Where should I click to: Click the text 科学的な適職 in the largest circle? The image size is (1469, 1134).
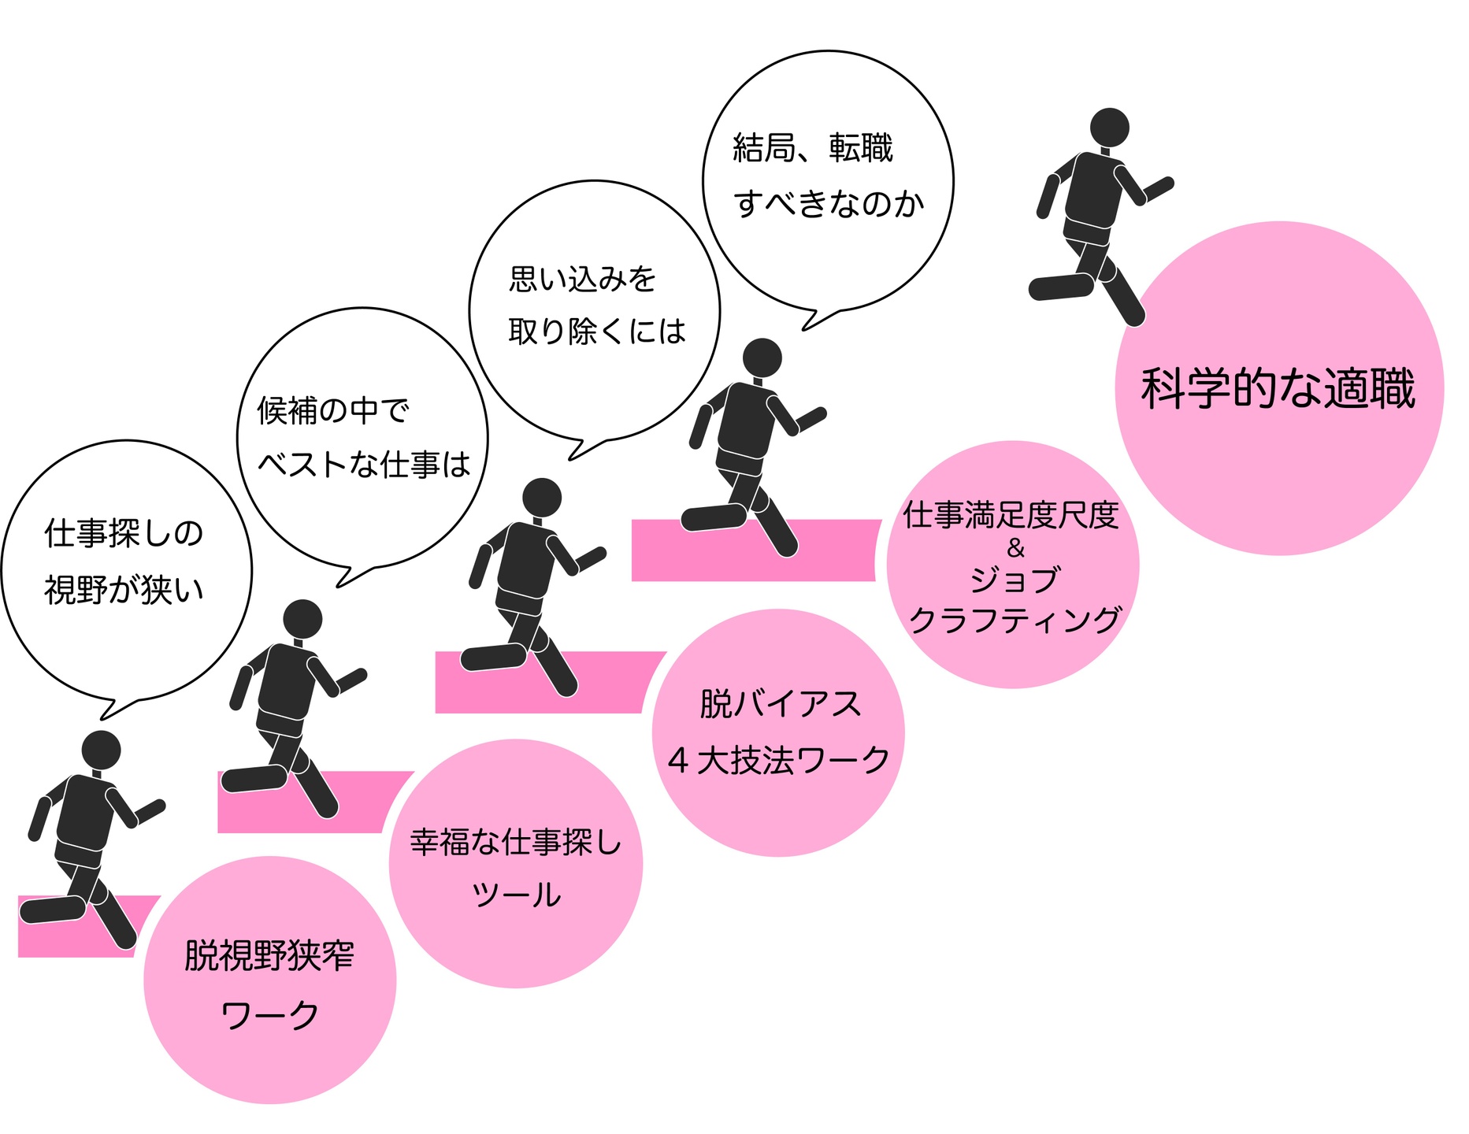coord(1278,388)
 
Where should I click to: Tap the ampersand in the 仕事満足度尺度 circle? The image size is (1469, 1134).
coord(1015,547)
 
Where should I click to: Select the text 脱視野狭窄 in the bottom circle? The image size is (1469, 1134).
coord(269,956)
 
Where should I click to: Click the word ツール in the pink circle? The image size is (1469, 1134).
coord(516,895)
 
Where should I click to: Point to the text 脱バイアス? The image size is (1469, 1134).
coord(780,703)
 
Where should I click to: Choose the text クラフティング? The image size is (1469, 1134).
coord(1015,620)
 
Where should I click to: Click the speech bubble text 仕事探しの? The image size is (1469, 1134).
coord(124,533)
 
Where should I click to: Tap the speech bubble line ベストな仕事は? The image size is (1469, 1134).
coord(364,465)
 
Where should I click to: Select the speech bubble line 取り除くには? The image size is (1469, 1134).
coord(597,332)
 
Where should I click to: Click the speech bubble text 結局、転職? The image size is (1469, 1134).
coord(813,148)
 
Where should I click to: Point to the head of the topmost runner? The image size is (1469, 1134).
coord(1109,128)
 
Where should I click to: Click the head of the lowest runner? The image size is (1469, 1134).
coord(101,750)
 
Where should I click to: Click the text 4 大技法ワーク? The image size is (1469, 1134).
coord(778,761)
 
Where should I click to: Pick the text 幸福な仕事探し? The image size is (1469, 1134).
coord(516,843)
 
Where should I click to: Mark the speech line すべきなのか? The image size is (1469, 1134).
coord(829,204)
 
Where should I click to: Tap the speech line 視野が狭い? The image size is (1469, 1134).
coord(124,590)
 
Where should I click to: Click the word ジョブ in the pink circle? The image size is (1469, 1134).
coord(1015,580)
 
